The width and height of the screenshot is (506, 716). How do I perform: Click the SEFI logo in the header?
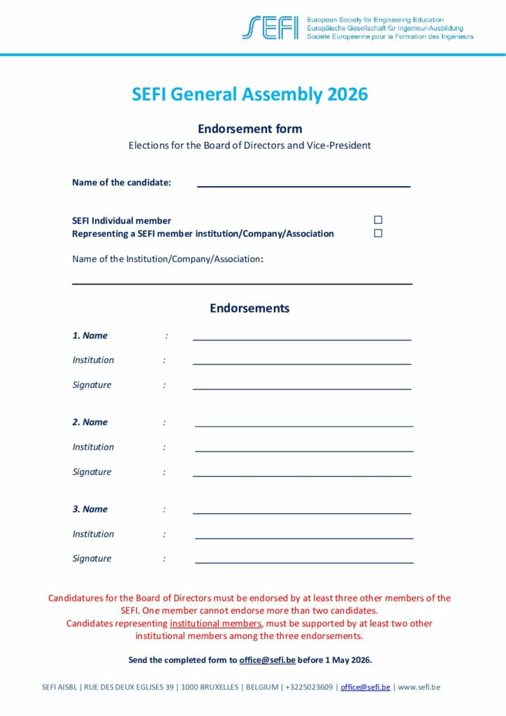[x=270, y=27]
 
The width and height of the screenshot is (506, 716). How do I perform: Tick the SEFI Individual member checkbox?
[x=378, y=220]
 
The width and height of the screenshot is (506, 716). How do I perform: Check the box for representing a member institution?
[x=378, y=234]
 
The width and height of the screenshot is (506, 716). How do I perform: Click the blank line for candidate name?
[x=303, y=185]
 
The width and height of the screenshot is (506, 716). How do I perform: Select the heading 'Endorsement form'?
[x=250, y=129]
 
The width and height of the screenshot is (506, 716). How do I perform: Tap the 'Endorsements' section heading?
[x=250, y=308]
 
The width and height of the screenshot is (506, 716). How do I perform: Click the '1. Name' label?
[x=90, y=336]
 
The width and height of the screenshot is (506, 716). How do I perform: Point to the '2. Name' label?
[x=90, y=422]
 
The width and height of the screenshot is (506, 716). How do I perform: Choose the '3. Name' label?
[x=90, y=509]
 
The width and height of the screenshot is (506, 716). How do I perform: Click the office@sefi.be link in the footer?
[x=366, y=687]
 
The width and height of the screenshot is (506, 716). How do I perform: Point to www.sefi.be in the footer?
[x=419, y=687]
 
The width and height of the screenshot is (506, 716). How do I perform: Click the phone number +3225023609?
[x=309, y=687]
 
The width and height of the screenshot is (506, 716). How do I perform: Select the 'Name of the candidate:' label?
[x=122, y=182]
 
